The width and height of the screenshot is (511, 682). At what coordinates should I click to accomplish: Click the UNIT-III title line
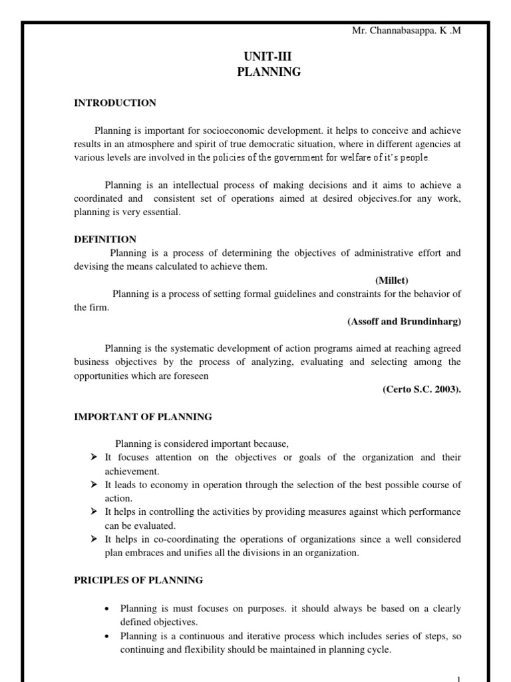click(x=269, y=58)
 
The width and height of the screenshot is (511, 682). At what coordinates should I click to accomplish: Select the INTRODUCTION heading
click(x=115, y=103)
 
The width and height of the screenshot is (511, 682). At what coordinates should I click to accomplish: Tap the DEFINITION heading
click(x=105, y=239)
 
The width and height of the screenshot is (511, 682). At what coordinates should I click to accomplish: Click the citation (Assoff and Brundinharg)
click(x=404, y=321)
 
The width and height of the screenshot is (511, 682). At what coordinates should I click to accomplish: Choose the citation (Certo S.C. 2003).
click(x=421, y=390)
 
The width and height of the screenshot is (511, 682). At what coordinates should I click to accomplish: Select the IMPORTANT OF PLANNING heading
click(x=142, y=417)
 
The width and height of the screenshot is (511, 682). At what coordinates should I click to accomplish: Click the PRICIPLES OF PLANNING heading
click(x=138, y=580)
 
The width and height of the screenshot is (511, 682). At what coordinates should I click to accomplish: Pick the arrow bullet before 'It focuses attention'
click(x=94, y=458)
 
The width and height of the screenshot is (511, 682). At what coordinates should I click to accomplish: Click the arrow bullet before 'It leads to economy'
click(x=94, y=485)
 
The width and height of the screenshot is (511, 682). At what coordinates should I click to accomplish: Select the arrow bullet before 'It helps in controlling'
click(x=94, y=512)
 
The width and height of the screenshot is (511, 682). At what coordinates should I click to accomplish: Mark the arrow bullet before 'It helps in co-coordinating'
click(x=94, y=539)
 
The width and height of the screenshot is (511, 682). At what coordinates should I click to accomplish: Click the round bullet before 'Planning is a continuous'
click(x=108, y=637)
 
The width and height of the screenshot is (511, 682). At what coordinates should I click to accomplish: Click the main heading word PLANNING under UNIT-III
click(x=269, y=73)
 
